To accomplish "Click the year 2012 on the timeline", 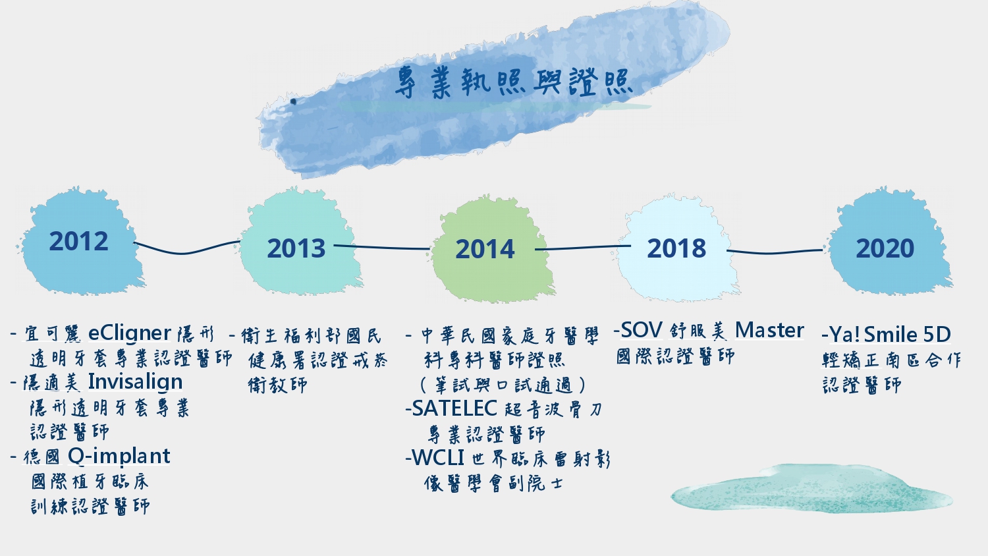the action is click(x=78, y=241).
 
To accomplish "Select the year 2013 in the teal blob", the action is click(x=296, y=248).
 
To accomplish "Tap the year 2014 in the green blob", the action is click(x=485, y=249).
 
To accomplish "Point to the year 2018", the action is click(x=676, y=248).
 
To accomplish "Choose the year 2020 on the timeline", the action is click(x=885, y=248).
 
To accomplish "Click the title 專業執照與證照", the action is click(x=513, y=82).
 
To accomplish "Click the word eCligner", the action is click(x=129, y=333).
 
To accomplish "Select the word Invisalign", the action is click(x=135, y=382).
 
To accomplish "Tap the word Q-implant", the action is click(x=119, y=457).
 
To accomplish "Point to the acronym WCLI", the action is click(x=437, y=458).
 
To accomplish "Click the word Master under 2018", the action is click(x=769, y=330).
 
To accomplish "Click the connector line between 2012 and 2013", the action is click(x=187, y=248).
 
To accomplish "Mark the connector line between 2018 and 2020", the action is click(x=775, y=252).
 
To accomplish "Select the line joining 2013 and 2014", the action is click(x=382, y=247).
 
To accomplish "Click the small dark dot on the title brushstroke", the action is click(x=293, y=101).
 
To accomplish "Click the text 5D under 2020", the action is click(x=937, y=335).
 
